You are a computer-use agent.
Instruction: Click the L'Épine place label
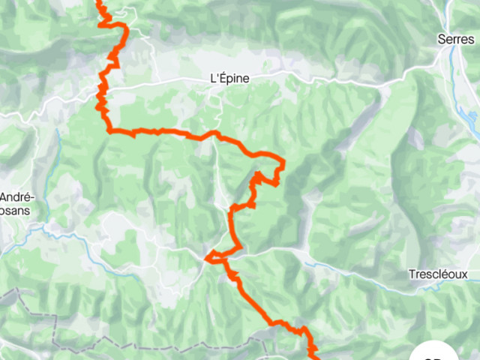[229, 77]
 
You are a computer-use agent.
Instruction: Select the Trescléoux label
[438, 274]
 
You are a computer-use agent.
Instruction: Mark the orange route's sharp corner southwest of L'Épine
[110, 130]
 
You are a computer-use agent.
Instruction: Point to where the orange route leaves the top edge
[99, 1]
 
